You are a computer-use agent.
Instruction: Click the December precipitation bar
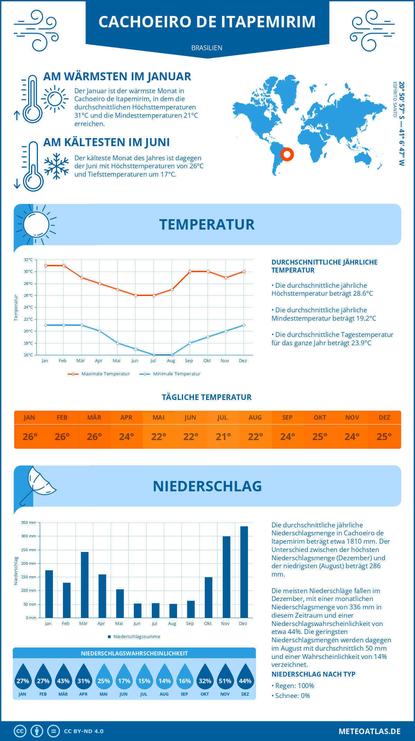point(244,572)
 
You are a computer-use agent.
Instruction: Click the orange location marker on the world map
point(287,154)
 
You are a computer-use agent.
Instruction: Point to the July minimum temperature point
point(154,355)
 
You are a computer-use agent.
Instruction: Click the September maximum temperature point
point(190,271)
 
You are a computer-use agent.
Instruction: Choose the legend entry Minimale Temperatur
point(170,374)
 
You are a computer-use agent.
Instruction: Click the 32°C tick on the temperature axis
point(28,260)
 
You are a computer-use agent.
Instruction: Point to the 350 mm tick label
point(29,523)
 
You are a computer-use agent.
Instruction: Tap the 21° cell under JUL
point(223,437)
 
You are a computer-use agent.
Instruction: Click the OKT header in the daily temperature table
point(320,417)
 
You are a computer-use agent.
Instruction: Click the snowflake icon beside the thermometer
point(56,166)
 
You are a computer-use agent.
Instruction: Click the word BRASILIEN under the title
point(207,48)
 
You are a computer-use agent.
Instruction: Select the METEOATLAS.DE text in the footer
point(369,731)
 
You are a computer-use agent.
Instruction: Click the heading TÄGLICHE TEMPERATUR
point(207,397)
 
